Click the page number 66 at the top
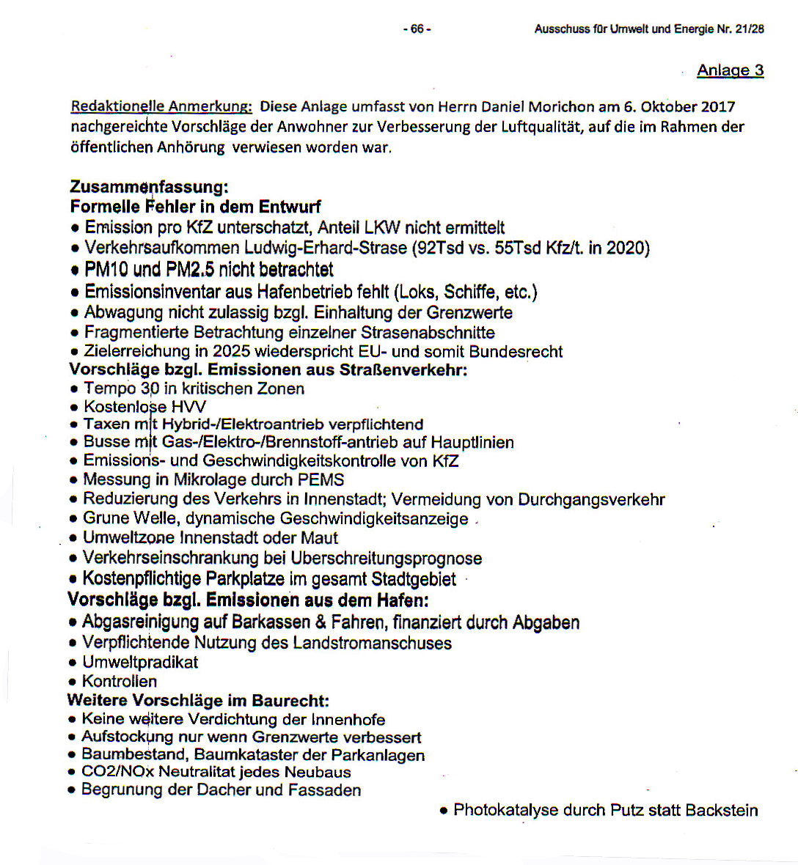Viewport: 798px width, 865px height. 417,29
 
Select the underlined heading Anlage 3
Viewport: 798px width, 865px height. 730,70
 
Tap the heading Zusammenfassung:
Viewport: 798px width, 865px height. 149,187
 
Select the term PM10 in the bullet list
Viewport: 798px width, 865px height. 106,270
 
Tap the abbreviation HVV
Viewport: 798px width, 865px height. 188,407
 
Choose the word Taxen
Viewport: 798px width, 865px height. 106,424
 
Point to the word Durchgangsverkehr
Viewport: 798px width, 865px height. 591,500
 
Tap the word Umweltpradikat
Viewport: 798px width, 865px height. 140,663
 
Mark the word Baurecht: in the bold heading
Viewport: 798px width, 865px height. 290,701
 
